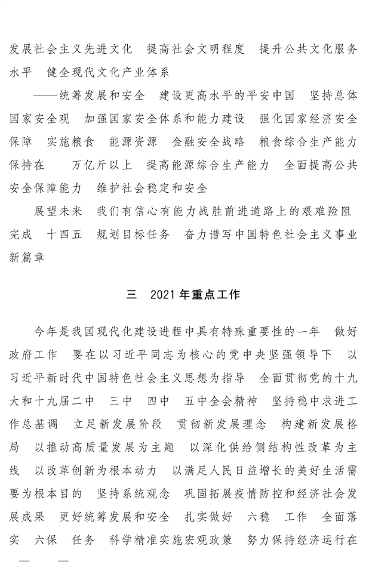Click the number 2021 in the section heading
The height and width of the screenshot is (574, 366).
[x=164, y=295]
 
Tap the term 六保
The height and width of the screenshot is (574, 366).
[x=46, y=540]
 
